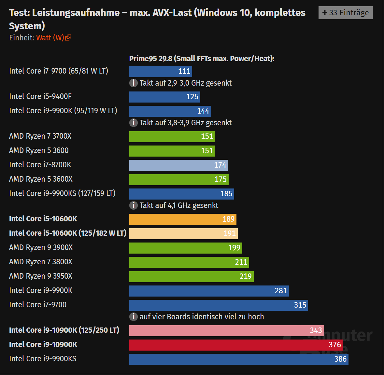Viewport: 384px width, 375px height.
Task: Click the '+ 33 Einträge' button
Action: pos(346,13)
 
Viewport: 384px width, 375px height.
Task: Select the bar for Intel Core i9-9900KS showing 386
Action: pos(238,359)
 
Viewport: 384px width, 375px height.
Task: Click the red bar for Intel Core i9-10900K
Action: pos(235,345)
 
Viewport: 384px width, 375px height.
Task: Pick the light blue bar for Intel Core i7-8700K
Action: pos(178,165)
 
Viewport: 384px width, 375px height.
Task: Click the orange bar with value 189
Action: pos(182,219)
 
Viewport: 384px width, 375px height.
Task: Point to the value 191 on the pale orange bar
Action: pos(230,233)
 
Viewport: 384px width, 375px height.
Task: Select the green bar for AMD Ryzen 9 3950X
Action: pos(191,277)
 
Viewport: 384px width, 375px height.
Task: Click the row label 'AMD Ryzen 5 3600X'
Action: pos(41,179)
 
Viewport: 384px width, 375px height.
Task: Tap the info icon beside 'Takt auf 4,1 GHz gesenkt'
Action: pos(134,205)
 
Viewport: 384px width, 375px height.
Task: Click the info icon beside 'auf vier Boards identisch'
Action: pos(134,317)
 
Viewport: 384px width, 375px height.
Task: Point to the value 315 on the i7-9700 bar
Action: pos(300,305)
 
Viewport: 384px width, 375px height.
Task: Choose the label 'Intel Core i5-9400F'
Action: pos(40,96)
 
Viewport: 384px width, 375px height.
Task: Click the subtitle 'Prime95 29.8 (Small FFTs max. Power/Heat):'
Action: pos(202,59)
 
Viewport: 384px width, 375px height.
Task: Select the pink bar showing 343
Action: pos(226,331)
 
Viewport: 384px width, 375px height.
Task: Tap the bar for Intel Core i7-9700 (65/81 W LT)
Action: pos(160,72)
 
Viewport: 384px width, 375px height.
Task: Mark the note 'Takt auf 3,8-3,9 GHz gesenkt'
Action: pos(186,123)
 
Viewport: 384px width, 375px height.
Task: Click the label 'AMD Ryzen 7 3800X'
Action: pos(41,262)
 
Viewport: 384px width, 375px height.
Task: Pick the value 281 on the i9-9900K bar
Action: pos(281,291)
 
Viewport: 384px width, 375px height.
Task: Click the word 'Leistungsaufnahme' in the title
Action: pos(76,13)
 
